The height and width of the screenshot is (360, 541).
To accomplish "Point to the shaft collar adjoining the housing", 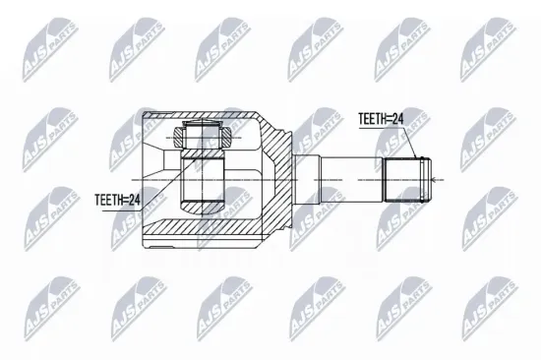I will (308, 178).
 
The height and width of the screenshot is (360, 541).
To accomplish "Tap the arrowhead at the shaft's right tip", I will (439, 178).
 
